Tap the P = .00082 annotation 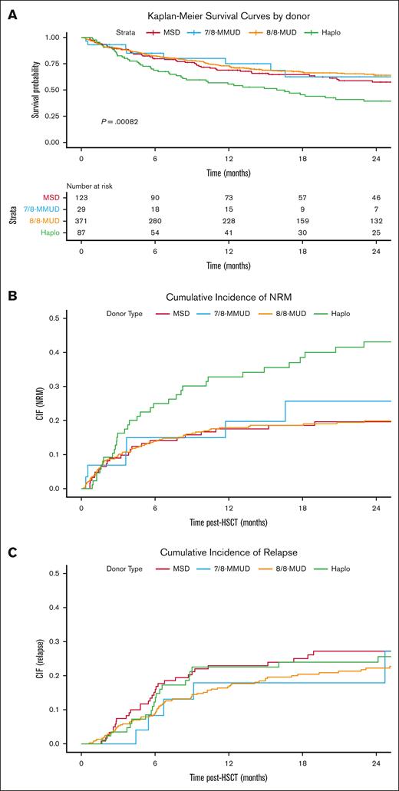pos(120,122)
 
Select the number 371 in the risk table pos(81,222)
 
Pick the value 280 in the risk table pos(155,222)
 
